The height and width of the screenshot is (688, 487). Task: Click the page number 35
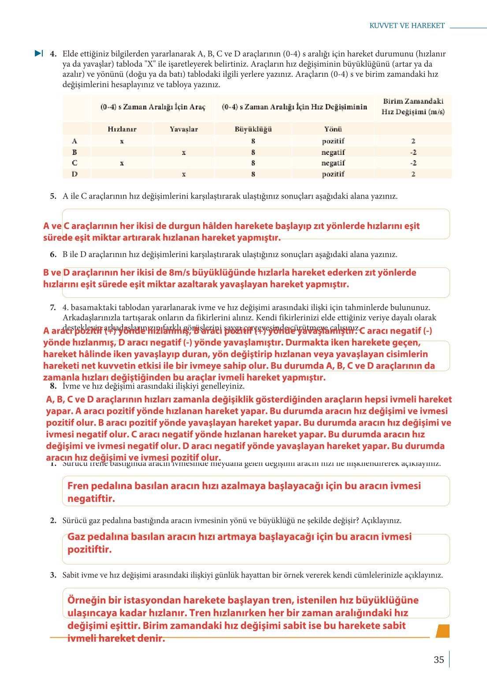(439, 660)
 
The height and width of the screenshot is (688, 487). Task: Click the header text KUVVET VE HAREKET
(407, 26)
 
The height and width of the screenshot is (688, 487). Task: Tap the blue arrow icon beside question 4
(39, 53)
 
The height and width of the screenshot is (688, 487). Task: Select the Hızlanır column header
(122, 129)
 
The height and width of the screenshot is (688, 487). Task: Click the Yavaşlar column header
(184, 129)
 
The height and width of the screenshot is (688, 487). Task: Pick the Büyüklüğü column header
(253, 129)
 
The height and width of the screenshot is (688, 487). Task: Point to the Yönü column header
(333, 129)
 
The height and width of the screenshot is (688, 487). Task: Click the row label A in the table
(74, 141)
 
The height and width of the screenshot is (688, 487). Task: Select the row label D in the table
(74, 174)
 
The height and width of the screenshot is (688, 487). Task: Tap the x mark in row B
(184, 152)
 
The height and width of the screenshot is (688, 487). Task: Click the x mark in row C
(122, 163)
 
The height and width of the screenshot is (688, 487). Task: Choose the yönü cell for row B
(333, 152)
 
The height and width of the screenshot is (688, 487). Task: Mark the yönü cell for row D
(333, 174)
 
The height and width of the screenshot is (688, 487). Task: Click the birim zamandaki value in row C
(413, 163)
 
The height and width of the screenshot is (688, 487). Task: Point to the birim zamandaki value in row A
(413, 141)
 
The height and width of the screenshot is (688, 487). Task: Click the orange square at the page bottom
(442, 631)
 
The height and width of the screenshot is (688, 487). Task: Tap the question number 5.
(53, 196)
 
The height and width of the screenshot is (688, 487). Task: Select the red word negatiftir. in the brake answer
(91, 499)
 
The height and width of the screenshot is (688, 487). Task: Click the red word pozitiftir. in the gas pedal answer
(89, 549)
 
